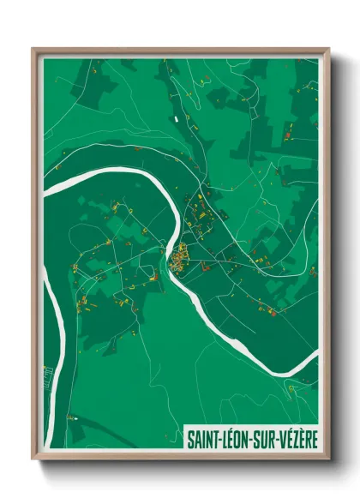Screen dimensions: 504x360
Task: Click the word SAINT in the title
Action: [203, 440]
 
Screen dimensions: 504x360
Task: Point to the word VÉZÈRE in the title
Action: [299, 440]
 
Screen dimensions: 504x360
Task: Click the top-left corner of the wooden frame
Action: [33, 48]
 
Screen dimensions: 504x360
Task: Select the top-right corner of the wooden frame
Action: [329, 48]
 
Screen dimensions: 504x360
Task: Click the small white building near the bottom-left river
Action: [72, 417]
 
